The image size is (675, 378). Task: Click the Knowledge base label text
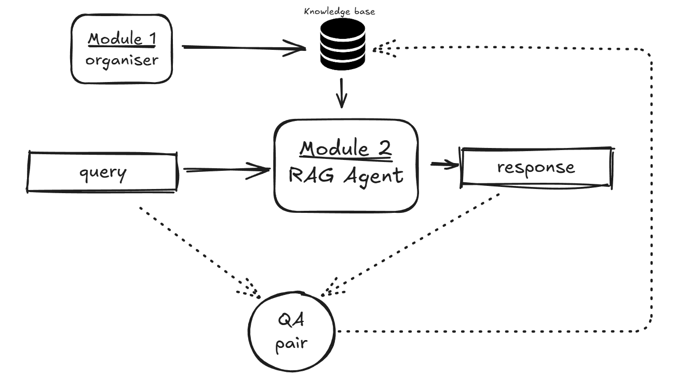332,11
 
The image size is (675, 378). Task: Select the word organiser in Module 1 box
122,60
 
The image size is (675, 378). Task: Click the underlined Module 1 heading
122,38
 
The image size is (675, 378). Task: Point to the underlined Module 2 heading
346,149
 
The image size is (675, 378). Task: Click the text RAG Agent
346,176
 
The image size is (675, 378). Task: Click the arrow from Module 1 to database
244,48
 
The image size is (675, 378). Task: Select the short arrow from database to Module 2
341,93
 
